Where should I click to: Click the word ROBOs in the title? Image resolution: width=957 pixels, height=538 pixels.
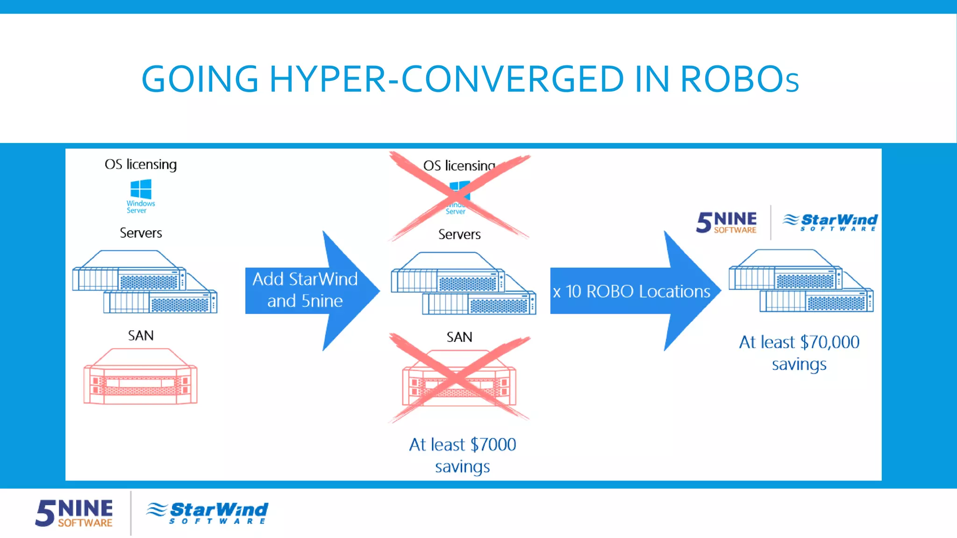coord(739,79)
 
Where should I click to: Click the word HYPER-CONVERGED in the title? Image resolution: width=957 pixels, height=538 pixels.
coord(446,79)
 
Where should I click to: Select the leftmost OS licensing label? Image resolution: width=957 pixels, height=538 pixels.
coord(141,164)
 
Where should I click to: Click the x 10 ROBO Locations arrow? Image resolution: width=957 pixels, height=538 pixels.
coord(633,291)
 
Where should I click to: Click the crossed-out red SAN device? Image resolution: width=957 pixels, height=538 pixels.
coord(459,379)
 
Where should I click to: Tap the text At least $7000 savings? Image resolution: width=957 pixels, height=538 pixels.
coord(462,455)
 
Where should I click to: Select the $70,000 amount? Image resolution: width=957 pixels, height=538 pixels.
coord(829,342)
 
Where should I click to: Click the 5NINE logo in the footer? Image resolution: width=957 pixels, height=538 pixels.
coord(74,513)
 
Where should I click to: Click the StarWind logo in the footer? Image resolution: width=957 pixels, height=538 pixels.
coord(207,513)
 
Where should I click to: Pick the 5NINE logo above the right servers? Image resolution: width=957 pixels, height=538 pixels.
coord(726,222)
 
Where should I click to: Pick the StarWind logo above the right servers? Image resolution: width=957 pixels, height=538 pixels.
coord(830,222)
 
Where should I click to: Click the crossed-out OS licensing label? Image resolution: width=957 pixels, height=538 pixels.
coord(458,165)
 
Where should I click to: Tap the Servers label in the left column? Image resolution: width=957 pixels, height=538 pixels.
coord(141,233)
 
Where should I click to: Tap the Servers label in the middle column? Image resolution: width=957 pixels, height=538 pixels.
coord(459,234)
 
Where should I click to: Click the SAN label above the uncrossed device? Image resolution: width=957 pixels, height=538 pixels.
coord(141,336)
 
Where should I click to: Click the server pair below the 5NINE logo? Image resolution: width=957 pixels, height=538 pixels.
coord(801,282)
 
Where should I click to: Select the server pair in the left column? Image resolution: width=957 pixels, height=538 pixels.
coord(144,283)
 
